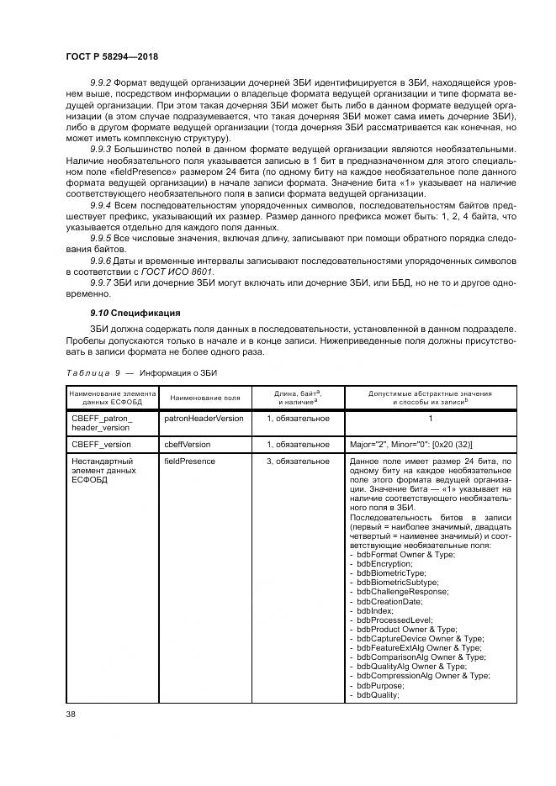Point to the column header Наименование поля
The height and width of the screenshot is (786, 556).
[x=204, y=397]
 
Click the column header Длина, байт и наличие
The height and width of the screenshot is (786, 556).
[x=298, y=397]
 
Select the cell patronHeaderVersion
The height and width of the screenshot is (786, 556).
[x=204, y=418]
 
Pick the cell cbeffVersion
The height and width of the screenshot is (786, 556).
[x=188, y=444]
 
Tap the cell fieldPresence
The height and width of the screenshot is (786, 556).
[x=189, y=461]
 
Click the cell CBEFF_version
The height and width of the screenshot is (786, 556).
[x=101, y=444]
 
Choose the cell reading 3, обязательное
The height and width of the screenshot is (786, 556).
[x=298, y=461]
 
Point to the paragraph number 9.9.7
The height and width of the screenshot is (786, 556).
[x=99, y=283]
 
